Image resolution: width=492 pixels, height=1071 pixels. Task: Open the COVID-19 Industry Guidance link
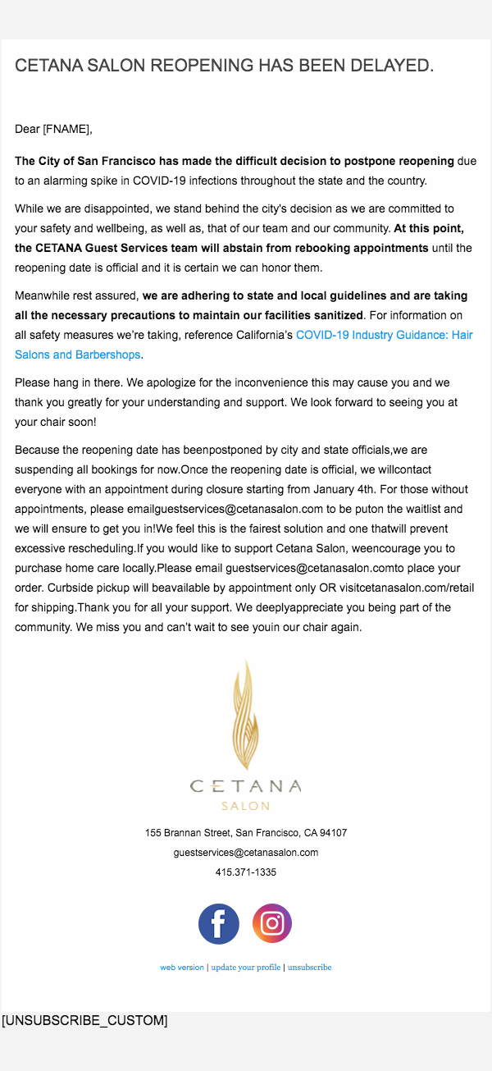[x=384, y=335]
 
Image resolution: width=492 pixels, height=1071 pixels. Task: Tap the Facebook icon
[x=219, y=924]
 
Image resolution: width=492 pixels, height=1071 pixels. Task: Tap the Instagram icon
[x=272, y=924]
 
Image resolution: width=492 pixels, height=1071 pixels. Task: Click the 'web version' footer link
[x=182, y=968]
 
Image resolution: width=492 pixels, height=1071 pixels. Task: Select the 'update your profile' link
[x=246, y=968]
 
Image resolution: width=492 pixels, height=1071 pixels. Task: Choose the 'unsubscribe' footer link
[x=309, y=968]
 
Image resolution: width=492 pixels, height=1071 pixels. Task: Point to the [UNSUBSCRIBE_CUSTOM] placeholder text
[x=84, y=1021]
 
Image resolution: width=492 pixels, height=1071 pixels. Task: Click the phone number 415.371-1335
[x=246, y=872]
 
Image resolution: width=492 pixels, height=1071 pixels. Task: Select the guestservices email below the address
[x=246, y=853]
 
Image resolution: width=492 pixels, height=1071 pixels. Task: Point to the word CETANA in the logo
[x=246, y=786]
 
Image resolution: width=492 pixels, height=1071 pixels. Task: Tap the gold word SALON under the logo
[x=246, y=806]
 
